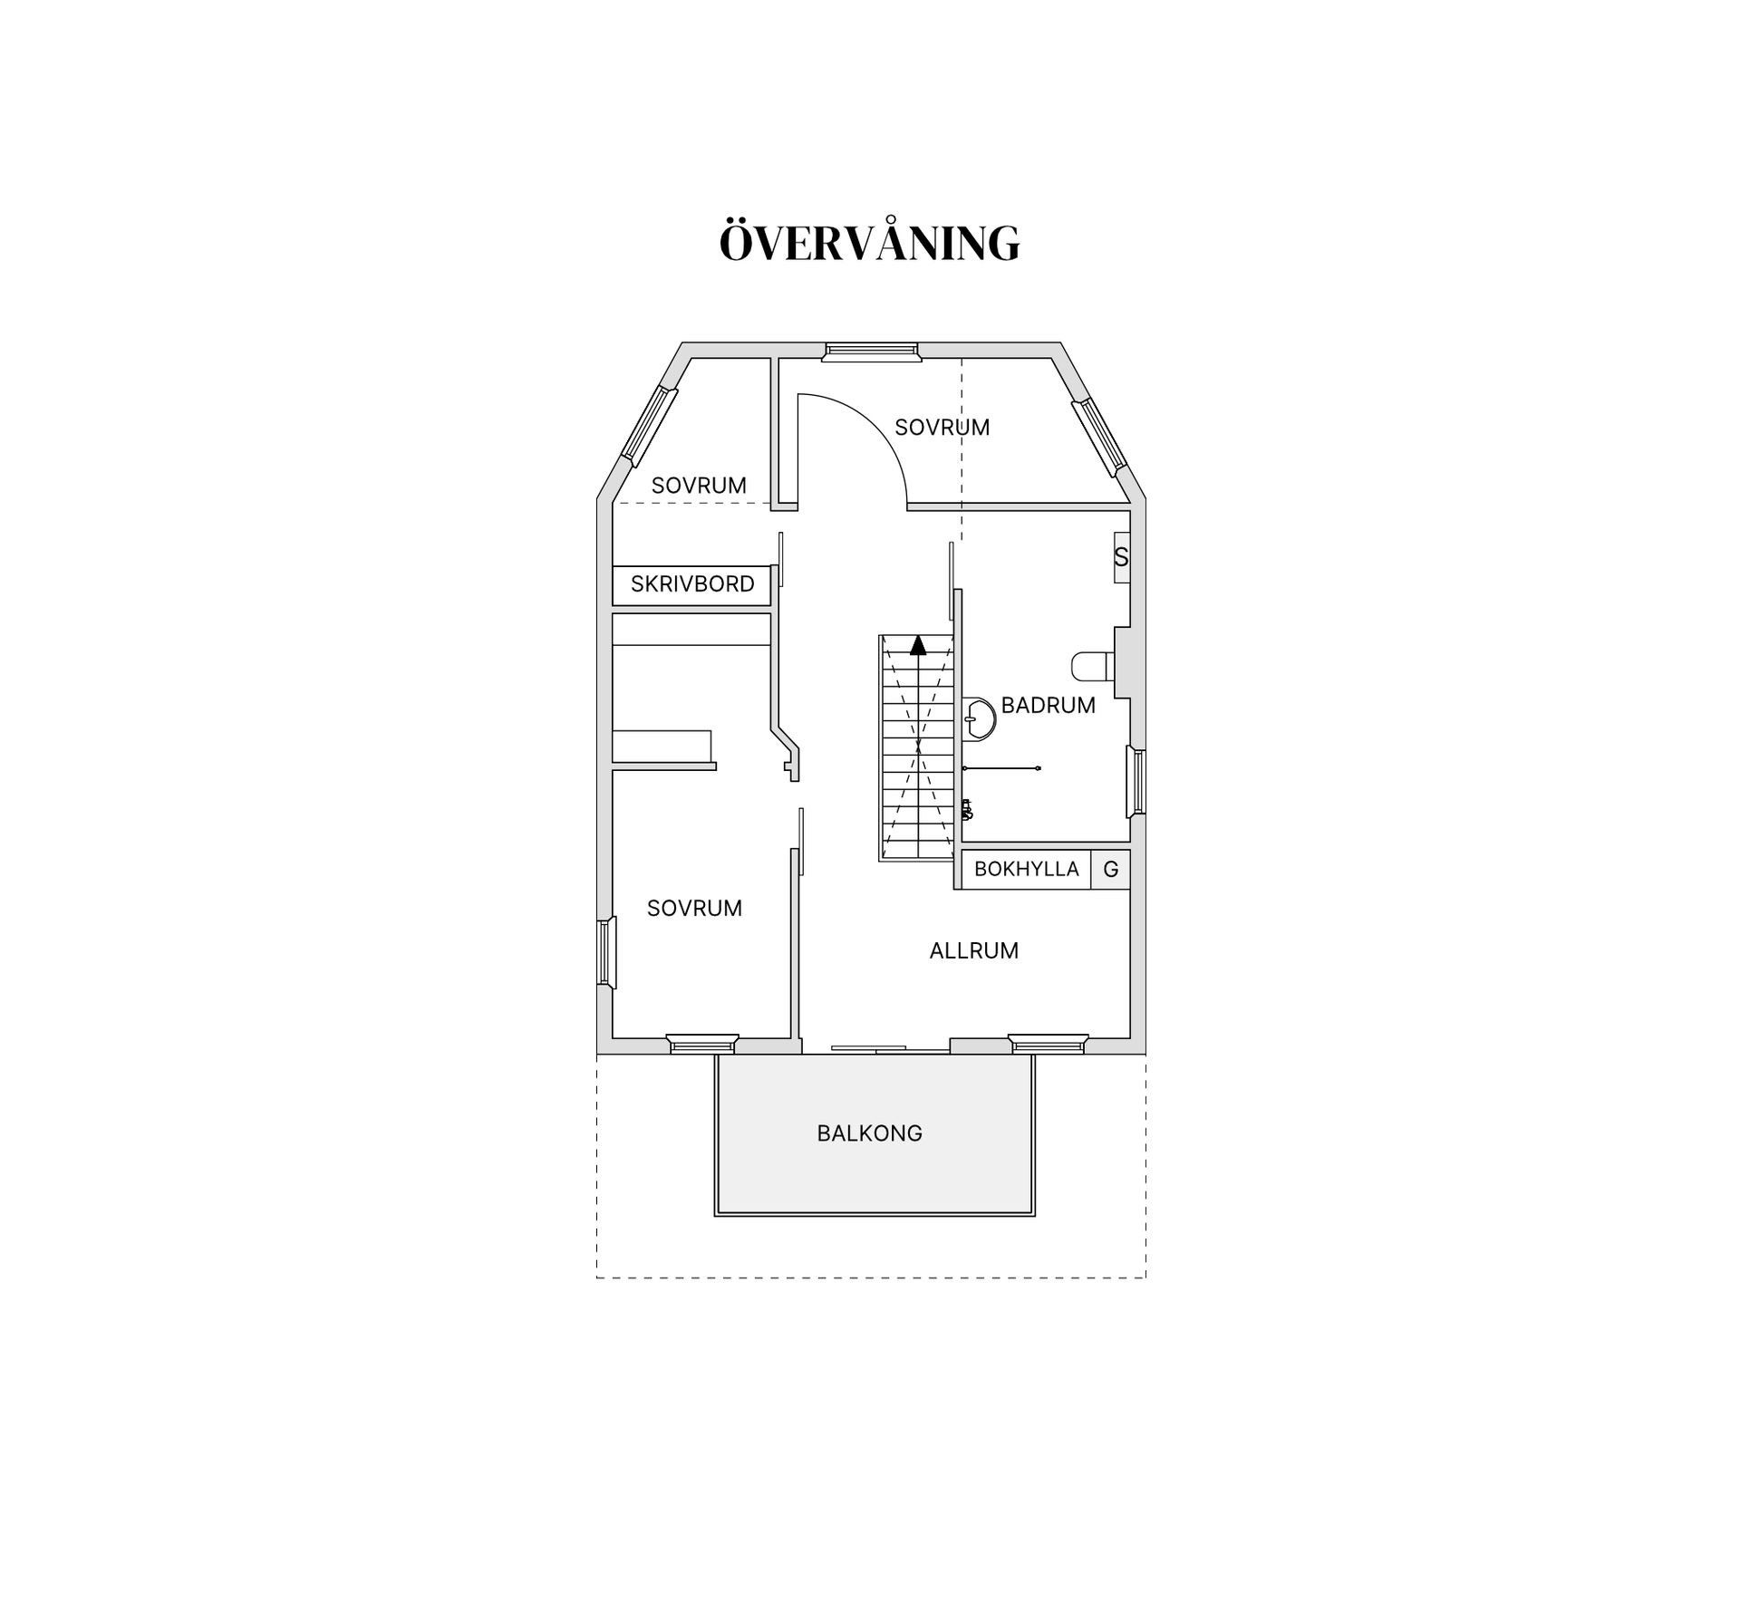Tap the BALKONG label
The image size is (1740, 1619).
(x=870, y=1133)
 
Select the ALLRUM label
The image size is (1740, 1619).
(x=974, y=950)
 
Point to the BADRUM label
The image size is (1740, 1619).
(x=1049, y=705)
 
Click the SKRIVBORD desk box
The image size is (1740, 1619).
(x=691, y=585)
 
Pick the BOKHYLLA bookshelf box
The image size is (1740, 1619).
(x=1026, y=870)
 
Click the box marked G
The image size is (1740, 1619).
(x=1111, y=870)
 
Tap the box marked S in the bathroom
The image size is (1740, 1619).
(x=1122, y=557)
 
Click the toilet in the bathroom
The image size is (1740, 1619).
(x=1093, y=667)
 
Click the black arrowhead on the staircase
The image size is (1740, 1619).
(x=918, y=645)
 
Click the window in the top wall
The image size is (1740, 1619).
(x=870, y=352)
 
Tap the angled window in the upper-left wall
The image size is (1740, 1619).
(x=649, y=426)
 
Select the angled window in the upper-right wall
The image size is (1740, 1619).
(x=1099, y=438)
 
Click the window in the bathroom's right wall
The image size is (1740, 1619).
(x=1136, y=781)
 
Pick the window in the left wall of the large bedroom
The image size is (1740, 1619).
(x=606, y=951)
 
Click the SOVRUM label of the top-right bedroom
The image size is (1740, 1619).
(x=942, y=428)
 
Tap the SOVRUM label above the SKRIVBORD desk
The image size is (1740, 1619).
(x=699, y=486)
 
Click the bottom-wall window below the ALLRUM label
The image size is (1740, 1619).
(x=1049, y=1044)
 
